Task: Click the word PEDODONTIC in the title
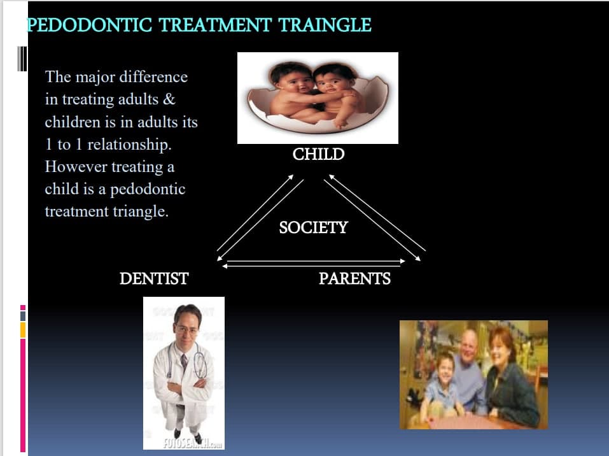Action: tap(88, 25)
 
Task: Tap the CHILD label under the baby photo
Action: tap(318, 154)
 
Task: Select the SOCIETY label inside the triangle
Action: tap(313, 227)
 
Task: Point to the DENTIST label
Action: tap(154, 278)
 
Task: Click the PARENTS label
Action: tap(354, 278)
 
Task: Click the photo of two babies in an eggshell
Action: tap(318, 97)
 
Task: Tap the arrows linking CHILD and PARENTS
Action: tap(375, 217)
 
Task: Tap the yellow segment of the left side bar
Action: tap(23, 329)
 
